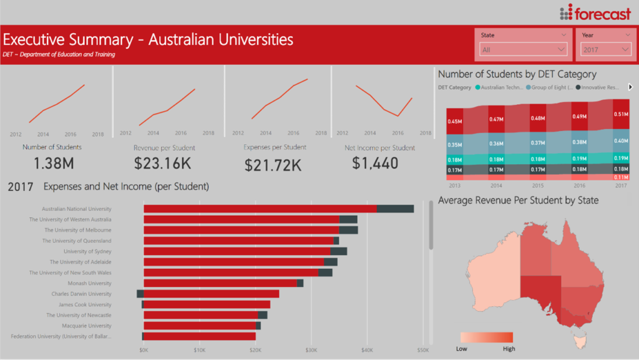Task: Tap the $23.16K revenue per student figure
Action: [x=164, y=164]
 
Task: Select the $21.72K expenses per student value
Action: [x=273, y=165]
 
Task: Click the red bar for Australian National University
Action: [x=260, y=209]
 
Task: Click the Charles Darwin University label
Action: [x=81, y=294]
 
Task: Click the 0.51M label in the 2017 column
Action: [x=621, y=114]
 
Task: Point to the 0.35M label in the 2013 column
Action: [x=455, y=145]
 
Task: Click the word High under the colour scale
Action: [x=509, y=349]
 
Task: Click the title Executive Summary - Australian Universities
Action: [x=149, y=40]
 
